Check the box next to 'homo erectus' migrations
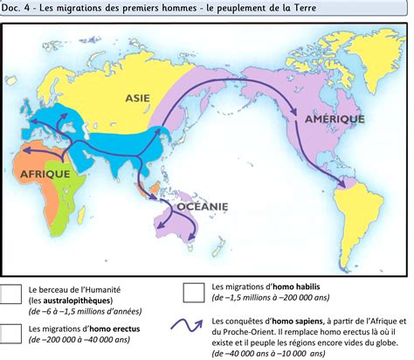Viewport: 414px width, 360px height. pyautogui.click(x=11, y=333)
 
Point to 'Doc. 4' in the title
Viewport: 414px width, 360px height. pyautogui.click(x=17, y=9)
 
